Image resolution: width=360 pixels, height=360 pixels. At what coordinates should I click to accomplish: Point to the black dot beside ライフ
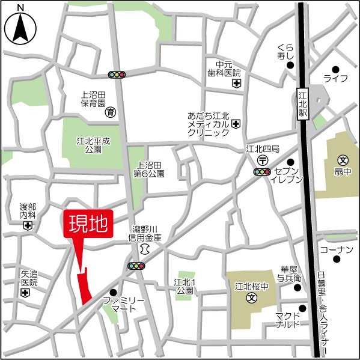(x=335, y=69)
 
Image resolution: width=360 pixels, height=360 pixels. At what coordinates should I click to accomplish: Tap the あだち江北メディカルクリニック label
(x=208, y=123)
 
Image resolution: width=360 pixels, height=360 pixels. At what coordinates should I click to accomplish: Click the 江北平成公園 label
(x=93, y=145)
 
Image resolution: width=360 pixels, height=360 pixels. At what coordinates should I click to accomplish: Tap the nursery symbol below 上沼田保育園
(x=111, y=112)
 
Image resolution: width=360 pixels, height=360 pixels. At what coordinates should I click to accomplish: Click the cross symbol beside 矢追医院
(x=25, y=293)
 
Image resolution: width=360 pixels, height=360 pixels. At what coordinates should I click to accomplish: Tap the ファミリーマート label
(x=124, y=304)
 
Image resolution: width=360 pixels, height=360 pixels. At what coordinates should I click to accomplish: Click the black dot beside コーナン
(x=337, y=260)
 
